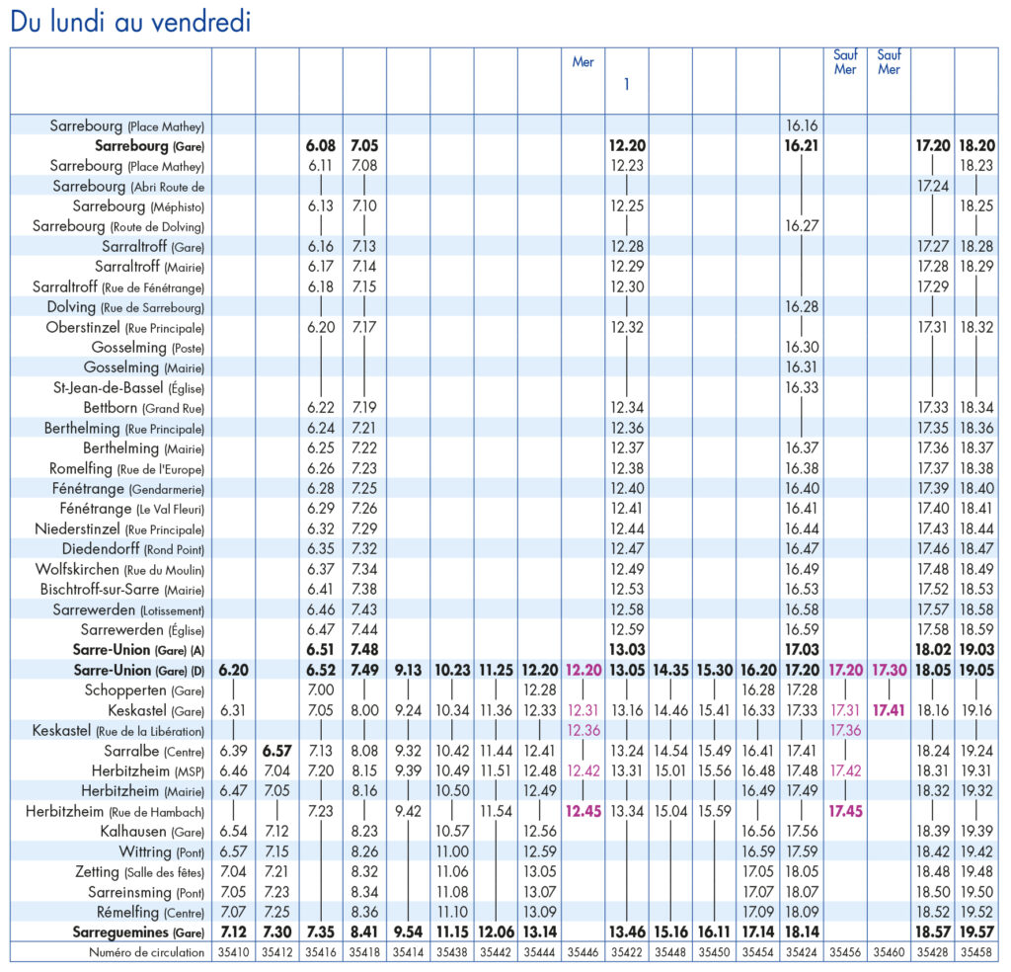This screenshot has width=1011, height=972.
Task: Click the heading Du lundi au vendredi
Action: point(130,22)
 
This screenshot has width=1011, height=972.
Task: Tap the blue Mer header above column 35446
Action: point(583,62)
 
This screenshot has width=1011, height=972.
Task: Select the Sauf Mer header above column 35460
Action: point(889,62)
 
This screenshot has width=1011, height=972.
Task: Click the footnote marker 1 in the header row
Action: point(626,84)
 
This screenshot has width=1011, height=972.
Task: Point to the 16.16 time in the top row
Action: point(802,125)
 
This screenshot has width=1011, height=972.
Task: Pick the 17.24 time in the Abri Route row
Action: point(932,186)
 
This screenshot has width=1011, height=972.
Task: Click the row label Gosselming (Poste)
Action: point(148,348)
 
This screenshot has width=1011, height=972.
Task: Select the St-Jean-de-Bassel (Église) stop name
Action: point(129,387)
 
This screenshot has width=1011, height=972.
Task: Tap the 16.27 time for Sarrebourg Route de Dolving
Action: point(802,226)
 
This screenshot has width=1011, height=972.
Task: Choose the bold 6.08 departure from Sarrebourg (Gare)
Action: point(321,146)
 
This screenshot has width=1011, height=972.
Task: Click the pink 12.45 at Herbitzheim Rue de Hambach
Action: point(583,811)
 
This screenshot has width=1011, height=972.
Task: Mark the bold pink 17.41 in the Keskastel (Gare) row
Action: point(889,710)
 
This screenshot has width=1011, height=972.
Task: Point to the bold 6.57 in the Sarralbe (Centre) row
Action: point(276,751)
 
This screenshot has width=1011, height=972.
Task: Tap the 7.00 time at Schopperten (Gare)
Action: point(321,689)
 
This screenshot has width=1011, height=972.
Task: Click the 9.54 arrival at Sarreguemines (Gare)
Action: point(408,932)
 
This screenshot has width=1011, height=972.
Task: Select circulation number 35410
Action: point(233,952)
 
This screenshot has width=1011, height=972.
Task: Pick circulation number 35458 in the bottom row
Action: point(976,952)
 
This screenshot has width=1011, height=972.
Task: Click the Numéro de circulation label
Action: point(146,952)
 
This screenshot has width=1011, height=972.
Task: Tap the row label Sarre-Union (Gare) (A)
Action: point(138,650)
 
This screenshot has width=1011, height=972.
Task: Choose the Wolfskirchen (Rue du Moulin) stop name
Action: point(119,570)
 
